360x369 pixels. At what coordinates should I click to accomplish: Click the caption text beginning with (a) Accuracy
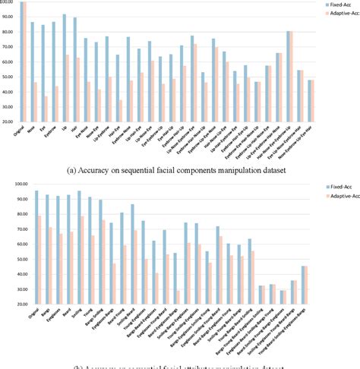[x=180, y=171]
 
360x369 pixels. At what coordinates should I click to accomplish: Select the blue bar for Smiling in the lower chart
[x=79, y=246]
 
